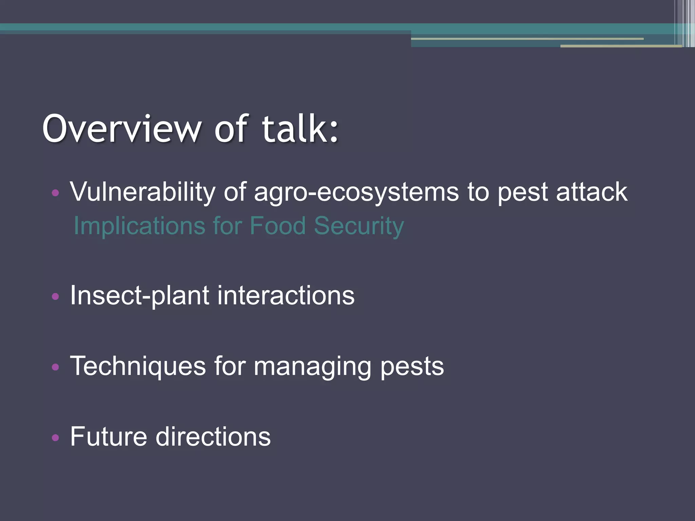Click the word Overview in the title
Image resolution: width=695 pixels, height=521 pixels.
tap(121, 129)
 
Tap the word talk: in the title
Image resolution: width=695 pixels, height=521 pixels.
tap(300, 129)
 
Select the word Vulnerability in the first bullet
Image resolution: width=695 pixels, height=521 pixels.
tap(143, 192)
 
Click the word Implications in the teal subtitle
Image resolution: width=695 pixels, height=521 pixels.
tap(139, 226)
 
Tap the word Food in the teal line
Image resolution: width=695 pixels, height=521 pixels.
tap(278, 226)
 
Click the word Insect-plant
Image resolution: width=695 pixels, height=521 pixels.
tap(139, 296)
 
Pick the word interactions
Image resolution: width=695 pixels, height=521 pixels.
tap(286, 296)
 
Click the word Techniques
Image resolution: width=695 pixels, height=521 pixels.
tap(138, 366)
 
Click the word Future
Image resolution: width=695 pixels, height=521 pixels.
tap(108, 437)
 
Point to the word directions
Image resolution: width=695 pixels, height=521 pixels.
tap(213, 437)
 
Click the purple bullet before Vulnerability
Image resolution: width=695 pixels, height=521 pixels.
tap(55, 193)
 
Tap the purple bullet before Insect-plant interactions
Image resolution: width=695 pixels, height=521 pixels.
tap(55, 297)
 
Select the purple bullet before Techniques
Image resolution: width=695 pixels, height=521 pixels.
tap(55, 367)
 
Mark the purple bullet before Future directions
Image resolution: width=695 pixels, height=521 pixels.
tap(55, 438)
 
